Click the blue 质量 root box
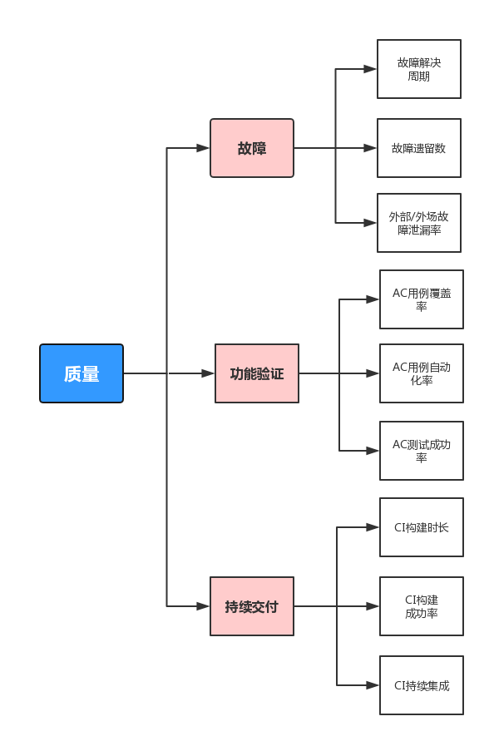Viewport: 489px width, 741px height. pos(81,373)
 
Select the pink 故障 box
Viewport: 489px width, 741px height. pos(252,148)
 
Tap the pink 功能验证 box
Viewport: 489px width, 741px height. pos(256,373)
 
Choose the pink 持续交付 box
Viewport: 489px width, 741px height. pos(252,605)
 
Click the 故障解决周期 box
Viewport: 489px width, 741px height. pos(418,69)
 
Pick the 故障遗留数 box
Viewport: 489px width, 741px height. pos(418,148)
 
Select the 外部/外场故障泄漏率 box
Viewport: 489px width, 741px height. pos(418,223)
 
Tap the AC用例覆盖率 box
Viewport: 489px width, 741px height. pos(422,299)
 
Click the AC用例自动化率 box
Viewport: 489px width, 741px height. pos(422,373)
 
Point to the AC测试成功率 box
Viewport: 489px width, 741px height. pos(422,451)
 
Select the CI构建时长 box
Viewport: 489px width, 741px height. pos(422,527)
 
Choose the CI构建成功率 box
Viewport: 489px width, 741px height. pos(422,605)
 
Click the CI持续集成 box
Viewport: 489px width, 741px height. pos(422,684)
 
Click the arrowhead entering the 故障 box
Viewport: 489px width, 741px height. pos(203,148)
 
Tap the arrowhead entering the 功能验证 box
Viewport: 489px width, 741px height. pos(208,373)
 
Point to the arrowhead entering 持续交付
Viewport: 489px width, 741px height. pos(203,605)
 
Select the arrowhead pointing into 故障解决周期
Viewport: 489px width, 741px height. pos(370,69)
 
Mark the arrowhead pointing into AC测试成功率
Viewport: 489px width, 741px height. pos(373,451)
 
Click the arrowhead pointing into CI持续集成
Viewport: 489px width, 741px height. pos(373,684)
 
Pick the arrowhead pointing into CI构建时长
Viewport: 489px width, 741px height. pos(373,527)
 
